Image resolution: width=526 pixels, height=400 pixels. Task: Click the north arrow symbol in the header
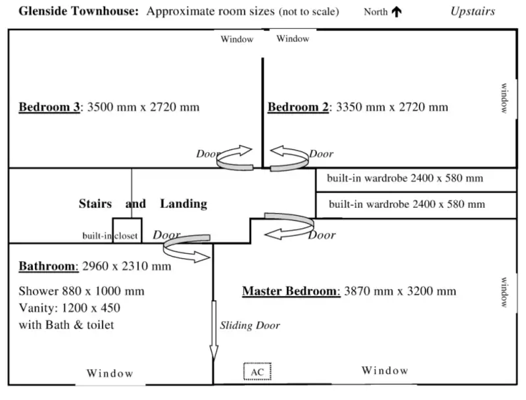pos(396,12)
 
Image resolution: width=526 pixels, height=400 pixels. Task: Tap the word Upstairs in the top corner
pos(472,11)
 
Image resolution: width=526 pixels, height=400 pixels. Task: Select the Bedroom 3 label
pos(49,107)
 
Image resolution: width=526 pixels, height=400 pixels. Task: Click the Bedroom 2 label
pos(298,107)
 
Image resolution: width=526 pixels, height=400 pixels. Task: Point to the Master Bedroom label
pos(290,291)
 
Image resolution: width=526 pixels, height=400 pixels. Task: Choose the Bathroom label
pos(48,266)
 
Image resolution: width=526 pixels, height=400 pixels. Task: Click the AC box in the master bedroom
pos(257,372)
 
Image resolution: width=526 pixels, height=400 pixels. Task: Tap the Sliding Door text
pos(250,325)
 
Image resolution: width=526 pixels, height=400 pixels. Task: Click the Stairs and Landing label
pos(143,204)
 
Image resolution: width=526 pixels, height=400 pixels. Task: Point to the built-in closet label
pos(110,236)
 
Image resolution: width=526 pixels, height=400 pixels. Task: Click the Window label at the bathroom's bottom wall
pos(110,374)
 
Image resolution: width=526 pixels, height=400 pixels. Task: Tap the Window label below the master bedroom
pos(385,371)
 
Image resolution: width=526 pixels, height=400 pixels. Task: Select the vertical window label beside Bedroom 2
pos(504,98)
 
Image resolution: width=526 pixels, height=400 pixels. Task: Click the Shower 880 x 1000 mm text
pos(82,291)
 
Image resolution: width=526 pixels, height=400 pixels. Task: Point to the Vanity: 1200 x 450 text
pos(69,307)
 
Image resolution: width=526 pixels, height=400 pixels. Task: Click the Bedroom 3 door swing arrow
pos(235,157)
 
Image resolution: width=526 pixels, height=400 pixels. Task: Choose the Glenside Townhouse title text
pos(78,11)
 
